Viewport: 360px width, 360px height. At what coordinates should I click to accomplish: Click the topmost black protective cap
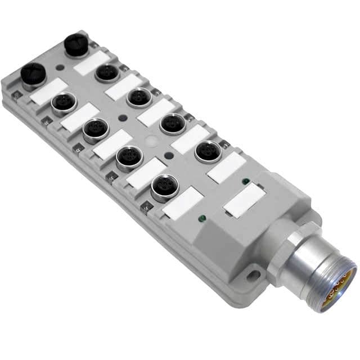click(x=76, y=45)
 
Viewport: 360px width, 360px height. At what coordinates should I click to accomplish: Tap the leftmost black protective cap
click(x=33, y=76)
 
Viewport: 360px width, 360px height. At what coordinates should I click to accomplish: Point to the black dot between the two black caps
click(x=60, y=67)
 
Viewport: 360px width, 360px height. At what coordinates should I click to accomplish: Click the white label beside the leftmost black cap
click(x=48, y=91)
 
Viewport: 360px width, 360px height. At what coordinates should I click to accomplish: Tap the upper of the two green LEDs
click(x=245, y=181)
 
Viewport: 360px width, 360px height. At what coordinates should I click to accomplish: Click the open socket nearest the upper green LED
click(x=209, y=151)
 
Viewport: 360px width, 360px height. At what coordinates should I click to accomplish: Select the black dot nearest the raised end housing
click(x=167, y=156)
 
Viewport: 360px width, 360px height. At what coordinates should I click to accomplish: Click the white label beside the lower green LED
click(x=183, y=202)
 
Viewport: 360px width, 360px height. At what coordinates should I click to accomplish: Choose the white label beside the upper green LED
click(x=226, y=167)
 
